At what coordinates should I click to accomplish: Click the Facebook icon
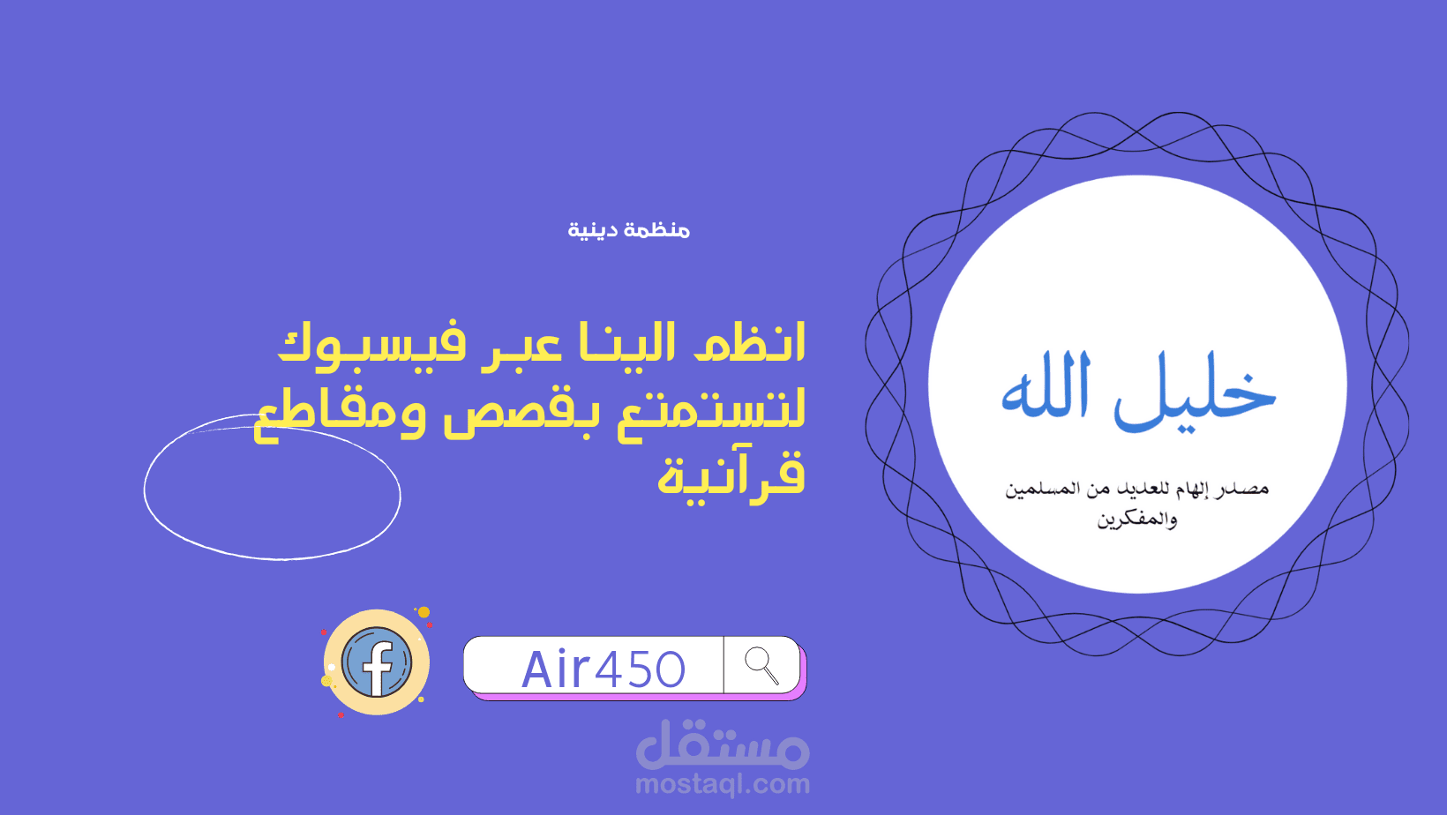377,662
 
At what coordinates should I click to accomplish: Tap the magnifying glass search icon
761,665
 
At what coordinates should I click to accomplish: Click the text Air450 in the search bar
604,669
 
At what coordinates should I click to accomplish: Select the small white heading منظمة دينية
628,230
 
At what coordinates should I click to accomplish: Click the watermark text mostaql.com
723,783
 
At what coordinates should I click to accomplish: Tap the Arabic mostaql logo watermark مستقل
723,745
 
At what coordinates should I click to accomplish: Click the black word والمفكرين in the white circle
1137,520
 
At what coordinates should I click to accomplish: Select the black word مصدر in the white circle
1241,488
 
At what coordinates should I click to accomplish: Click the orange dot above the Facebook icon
424,612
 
